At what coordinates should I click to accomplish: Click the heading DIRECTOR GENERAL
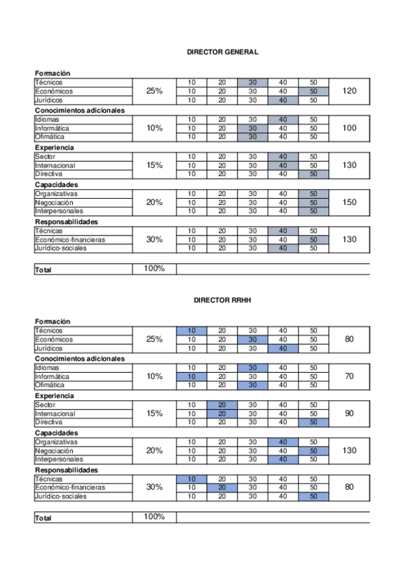coord(222,52)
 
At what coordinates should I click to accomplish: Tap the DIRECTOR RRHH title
coord(222,300)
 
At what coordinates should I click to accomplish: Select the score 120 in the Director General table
coord(349,91)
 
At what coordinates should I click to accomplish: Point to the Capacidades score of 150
coord(349,202)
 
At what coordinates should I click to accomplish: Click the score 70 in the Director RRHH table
coord(349,376)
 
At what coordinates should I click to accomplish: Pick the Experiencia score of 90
coord(349,413)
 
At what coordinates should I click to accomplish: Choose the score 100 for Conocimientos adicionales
coord(349,128)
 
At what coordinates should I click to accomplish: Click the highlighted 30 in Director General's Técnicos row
coord(253,83)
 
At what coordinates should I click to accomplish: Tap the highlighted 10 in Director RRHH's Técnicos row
coord(191,330)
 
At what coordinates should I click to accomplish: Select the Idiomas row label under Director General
coord(47,119)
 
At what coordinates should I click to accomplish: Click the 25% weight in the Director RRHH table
coord(154,339)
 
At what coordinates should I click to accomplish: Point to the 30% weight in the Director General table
coord(154,240)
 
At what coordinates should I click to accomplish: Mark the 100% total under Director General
coord(154,268)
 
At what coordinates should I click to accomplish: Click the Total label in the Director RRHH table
coord(44,519)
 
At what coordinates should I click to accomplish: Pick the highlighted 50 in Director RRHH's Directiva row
coord(313,422)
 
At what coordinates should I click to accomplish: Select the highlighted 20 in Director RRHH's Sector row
coord(222,405)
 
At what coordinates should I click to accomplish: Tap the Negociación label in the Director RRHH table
coord(55,451)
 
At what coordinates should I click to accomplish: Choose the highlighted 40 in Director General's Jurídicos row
coord(283,100)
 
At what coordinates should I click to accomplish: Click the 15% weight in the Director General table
coord(154,165)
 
